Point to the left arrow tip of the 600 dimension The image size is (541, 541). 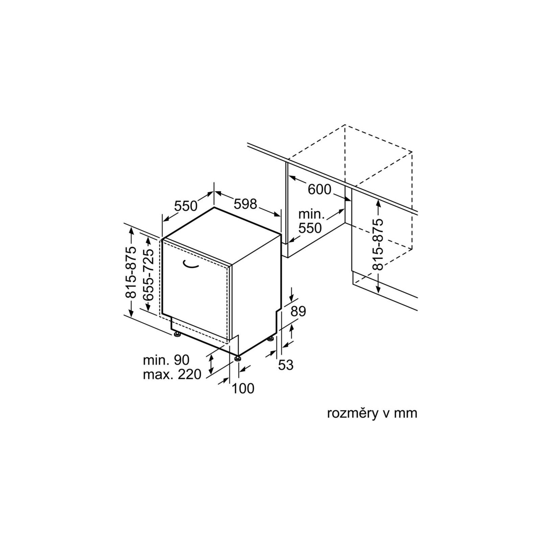[x=288, y=176]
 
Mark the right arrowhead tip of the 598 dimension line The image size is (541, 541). [x=281, y=216]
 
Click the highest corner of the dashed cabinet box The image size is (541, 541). [x=345, y=125]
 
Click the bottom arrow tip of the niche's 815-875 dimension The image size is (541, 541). [x=378, y=293]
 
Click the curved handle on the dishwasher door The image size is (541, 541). [x=191, y=264]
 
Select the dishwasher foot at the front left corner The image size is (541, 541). [x=177, y=335]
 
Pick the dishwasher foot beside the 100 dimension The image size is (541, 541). [x=238, y=358]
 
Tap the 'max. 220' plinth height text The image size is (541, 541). [x=172, y=374]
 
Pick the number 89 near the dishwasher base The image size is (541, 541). [x=298, y=311]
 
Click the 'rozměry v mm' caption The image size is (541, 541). [x=372, y=414]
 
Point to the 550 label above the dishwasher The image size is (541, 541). [x=186, y=206]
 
